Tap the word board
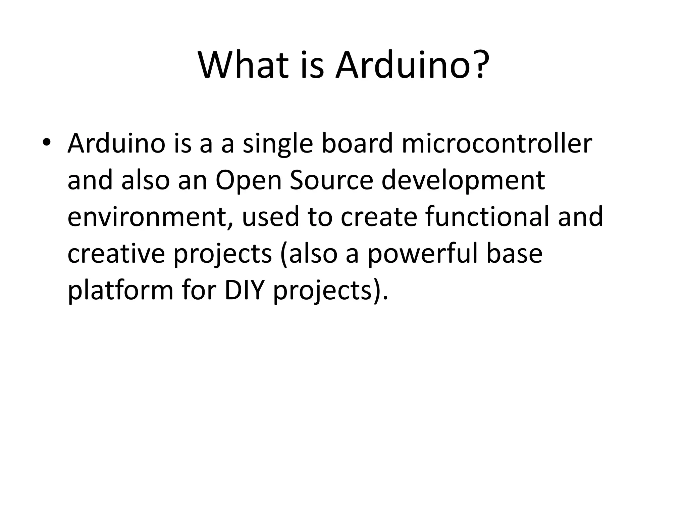(357, 144)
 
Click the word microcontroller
(496, 144)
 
